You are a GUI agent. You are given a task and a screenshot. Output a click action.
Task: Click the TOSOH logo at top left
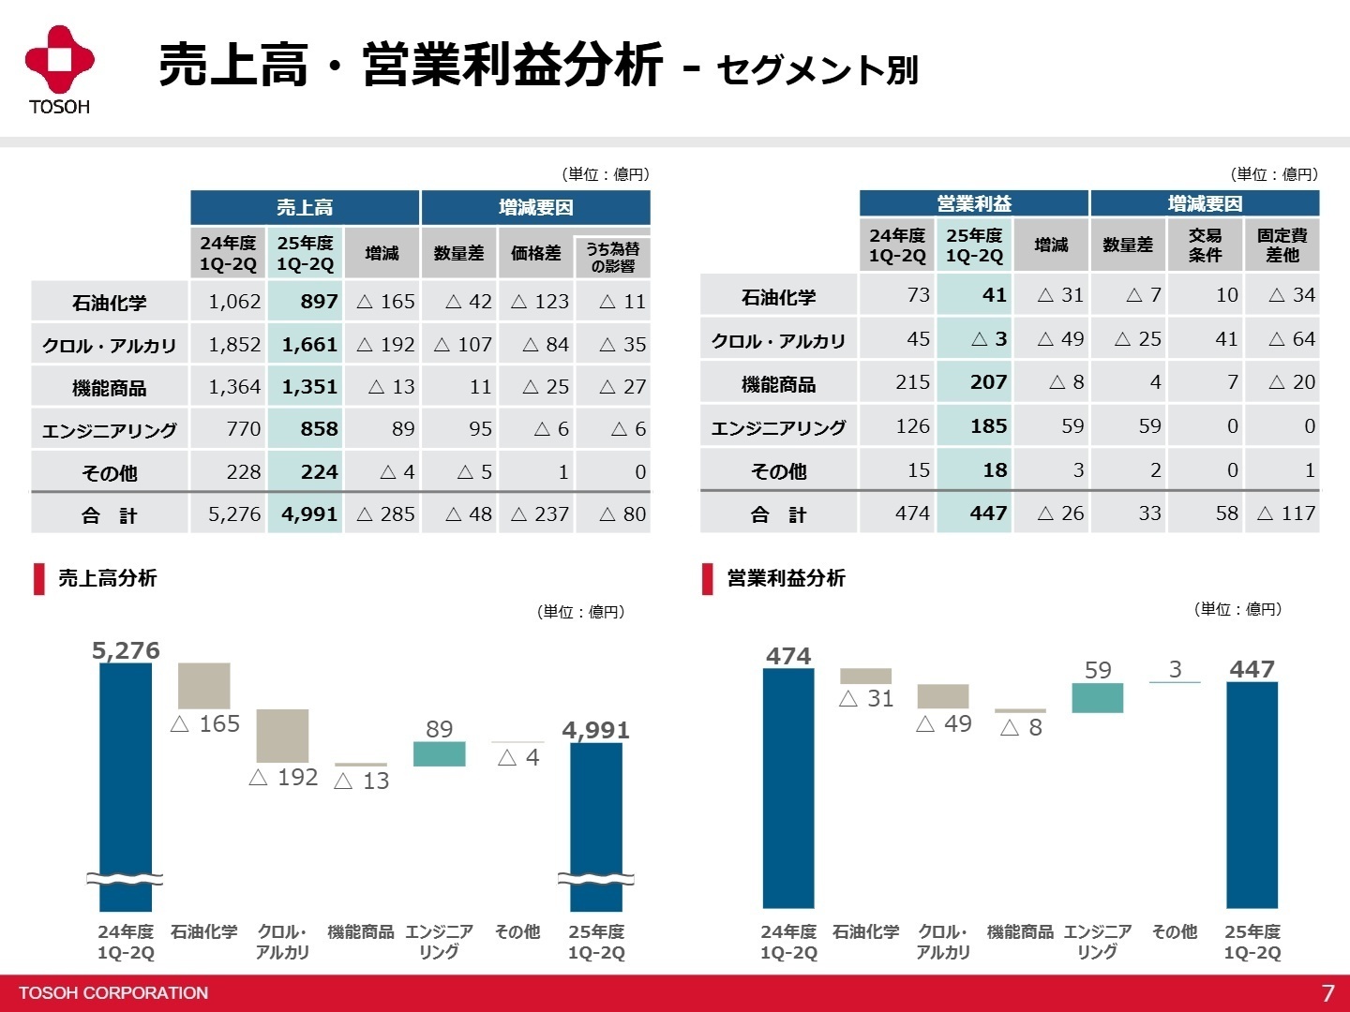pyautogui.click(x=59, y=70)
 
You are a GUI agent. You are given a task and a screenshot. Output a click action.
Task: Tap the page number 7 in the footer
pyautogui.click(x=1327, y=993)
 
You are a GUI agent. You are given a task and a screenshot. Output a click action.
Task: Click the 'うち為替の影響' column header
pyautogui.click(x=613, y=257)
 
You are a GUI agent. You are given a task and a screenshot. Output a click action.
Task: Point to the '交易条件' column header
pyautogui.click(x=1205, y=245)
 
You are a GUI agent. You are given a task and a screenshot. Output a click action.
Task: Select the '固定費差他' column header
pyautogui.click(x=1282, y=245)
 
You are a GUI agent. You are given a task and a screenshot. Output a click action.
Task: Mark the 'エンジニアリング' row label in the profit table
pyautogui.click(x=778, y=428)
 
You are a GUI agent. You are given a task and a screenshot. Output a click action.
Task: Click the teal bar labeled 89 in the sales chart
pyautogui.click(x=439, y=753)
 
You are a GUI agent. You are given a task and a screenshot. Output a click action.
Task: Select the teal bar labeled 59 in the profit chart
pyautogui.click(x=1097, y=698)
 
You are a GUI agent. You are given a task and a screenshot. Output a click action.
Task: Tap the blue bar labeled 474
pyautogui.click(x=788, y=787)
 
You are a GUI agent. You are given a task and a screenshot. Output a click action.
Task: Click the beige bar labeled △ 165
pyautogui.click(x=203, y=686)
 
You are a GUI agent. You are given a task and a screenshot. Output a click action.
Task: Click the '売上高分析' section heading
pyautogui.click(x=107, y=578)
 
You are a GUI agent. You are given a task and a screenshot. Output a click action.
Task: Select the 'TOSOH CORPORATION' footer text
pyautogui.click(x=113, y=993)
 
